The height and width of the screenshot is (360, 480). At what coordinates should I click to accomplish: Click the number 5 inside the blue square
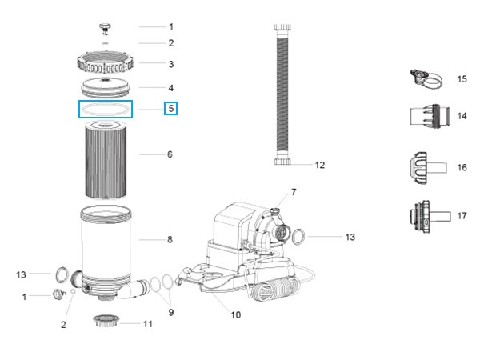170,108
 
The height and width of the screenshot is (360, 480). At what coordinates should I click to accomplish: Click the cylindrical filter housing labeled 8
107,244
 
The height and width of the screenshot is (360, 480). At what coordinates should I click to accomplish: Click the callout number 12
319,166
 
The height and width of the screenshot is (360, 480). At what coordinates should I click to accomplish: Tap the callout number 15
462,79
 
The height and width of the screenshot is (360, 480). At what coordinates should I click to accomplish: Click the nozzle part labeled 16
423,167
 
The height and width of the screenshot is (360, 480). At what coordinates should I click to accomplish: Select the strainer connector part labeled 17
423,216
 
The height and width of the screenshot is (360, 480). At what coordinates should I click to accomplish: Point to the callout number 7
293,192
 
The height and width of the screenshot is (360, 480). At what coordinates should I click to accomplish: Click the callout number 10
235,314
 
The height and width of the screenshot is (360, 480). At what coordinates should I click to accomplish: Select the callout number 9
170,312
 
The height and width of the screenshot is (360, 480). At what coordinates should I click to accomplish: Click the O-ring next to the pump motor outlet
296,237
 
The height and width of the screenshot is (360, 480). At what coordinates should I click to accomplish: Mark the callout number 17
462,216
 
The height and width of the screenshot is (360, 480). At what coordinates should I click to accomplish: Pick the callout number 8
170,238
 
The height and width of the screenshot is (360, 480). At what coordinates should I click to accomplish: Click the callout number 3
170,64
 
